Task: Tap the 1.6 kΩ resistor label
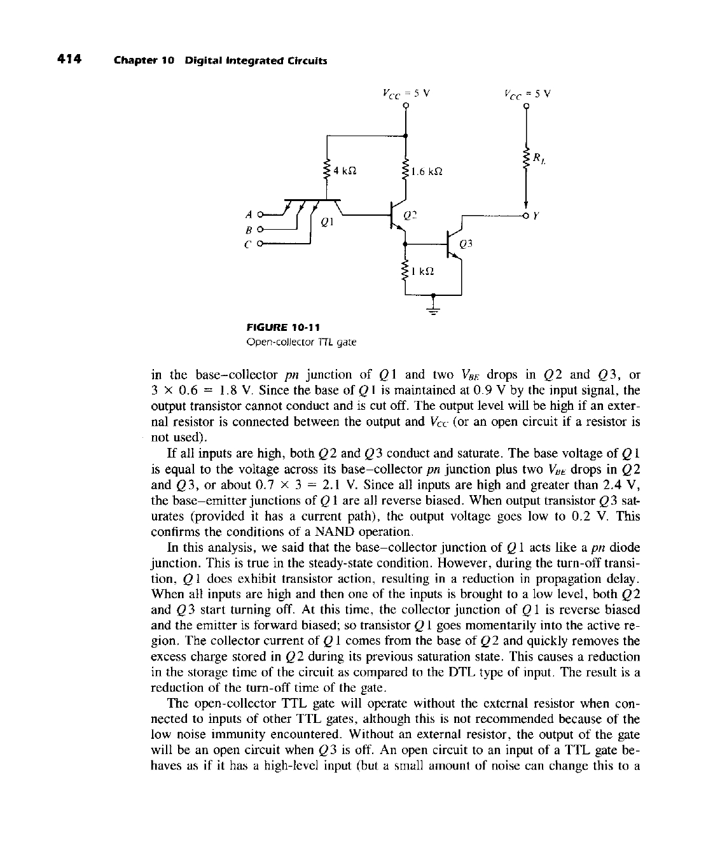point(426,171)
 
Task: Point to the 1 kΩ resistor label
point(423,270)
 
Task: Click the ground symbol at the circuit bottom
point(433,310)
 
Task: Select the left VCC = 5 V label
point(406,92)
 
